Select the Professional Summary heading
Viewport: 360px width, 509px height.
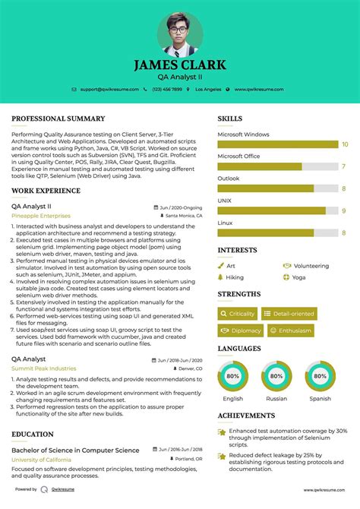coord(58,119)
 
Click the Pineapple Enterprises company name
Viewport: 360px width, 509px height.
coord(39,215)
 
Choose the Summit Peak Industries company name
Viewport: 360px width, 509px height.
coord(44,368)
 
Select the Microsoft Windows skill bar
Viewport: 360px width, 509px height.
coord(278,144)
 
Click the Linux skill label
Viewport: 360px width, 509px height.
coord(226,223)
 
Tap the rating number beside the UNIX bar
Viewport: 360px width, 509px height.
coord(344,210)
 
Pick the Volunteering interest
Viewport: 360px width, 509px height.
coord(310,266)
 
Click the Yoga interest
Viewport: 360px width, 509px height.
coord(298,277)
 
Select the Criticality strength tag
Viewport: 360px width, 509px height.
coord(238,313)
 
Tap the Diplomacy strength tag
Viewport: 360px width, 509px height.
coord(241,330)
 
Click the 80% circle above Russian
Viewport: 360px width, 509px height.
coord(276,375)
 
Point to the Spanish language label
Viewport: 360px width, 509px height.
coord(320,398)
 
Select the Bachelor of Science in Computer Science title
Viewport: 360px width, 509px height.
coord(75,450)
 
